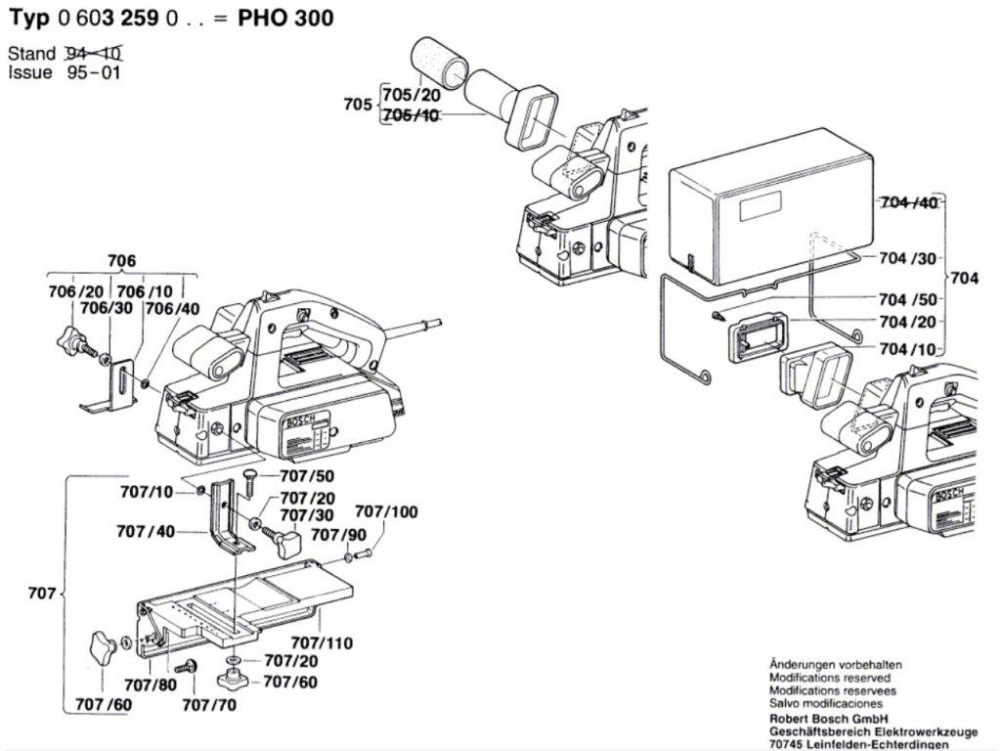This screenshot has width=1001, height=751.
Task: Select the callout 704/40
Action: tap(909, 203)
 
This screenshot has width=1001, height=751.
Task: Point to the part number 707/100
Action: tap(385, 511)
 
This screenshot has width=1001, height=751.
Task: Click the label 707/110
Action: tap(323, 643)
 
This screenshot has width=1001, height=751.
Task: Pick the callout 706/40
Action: tap(172, 308)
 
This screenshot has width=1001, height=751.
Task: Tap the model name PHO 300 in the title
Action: tap(285, 19)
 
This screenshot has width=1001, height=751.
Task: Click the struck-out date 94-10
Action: tap(98, 53)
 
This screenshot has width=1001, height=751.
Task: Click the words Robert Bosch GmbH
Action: tap(821, 717)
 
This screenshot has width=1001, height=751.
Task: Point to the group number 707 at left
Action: tap(40, 594)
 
